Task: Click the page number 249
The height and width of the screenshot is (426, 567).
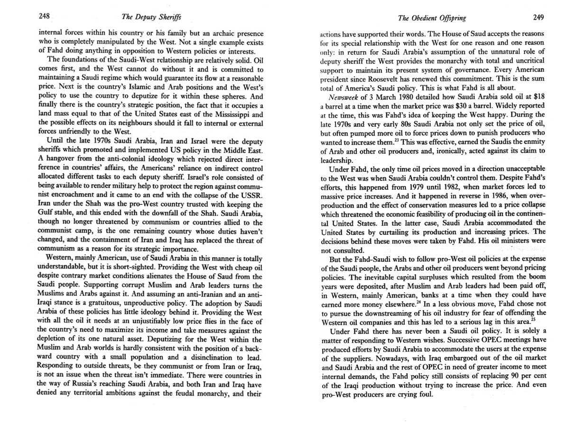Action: (538, 18)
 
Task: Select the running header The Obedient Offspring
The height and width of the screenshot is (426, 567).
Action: (432, 18)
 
